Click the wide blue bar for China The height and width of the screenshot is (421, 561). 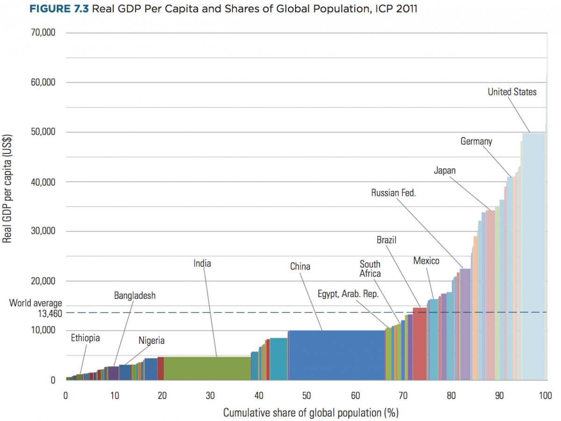pyautogui.click(x=337, y=355)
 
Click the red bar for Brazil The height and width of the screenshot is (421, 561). pyautogui.click(x=419, y=343)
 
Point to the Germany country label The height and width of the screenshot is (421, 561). pyautogui.click(x=476, y=141)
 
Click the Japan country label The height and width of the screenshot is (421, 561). pyautogui.click(x=444, y=171)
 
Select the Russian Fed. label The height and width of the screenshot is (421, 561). pyautogui.click(x=393, y=192)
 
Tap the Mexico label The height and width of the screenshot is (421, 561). pyautogui.click(x=426, y=261)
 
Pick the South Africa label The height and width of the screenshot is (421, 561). pyautogui.click(x=370, y=269)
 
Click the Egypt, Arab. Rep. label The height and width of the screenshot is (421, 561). pyautogui.click(x=348, y=294)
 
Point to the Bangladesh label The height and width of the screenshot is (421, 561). pyautogui.click(x=135, y=296)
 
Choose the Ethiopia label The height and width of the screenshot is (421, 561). pyautogui.click(x=85, y=338)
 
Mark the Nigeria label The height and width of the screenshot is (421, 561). pyautogui.click(x=151, y=341)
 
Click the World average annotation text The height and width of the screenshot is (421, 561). pyautogui.click(x=36, y=304)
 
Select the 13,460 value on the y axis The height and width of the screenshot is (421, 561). pyautogui.click(x=49, y=313)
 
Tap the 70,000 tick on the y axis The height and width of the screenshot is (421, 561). pyautogui.click(x=43, y=33)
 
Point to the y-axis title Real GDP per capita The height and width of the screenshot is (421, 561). pyautogui.click(x=7, y=189)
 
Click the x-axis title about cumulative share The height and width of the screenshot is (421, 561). pyautogui.click(x=310, y=413)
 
